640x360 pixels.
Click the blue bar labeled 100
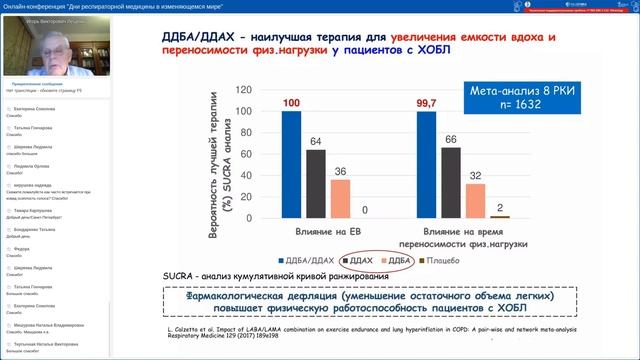tap(291, 164)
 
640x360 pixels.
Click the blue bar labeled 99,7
tap(426, 164)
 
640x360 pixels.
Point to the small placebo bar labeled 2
tap(500, 216)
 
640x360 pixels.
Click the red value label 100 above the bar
tap(291, 103)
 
